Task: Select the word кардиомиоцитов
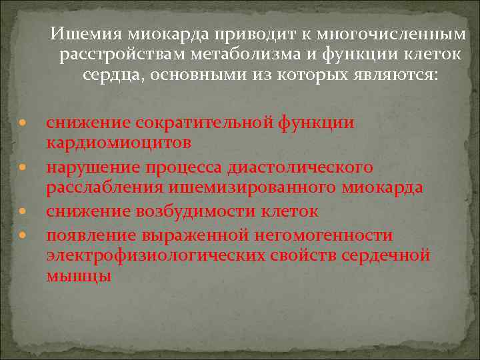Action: point(119,143)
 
